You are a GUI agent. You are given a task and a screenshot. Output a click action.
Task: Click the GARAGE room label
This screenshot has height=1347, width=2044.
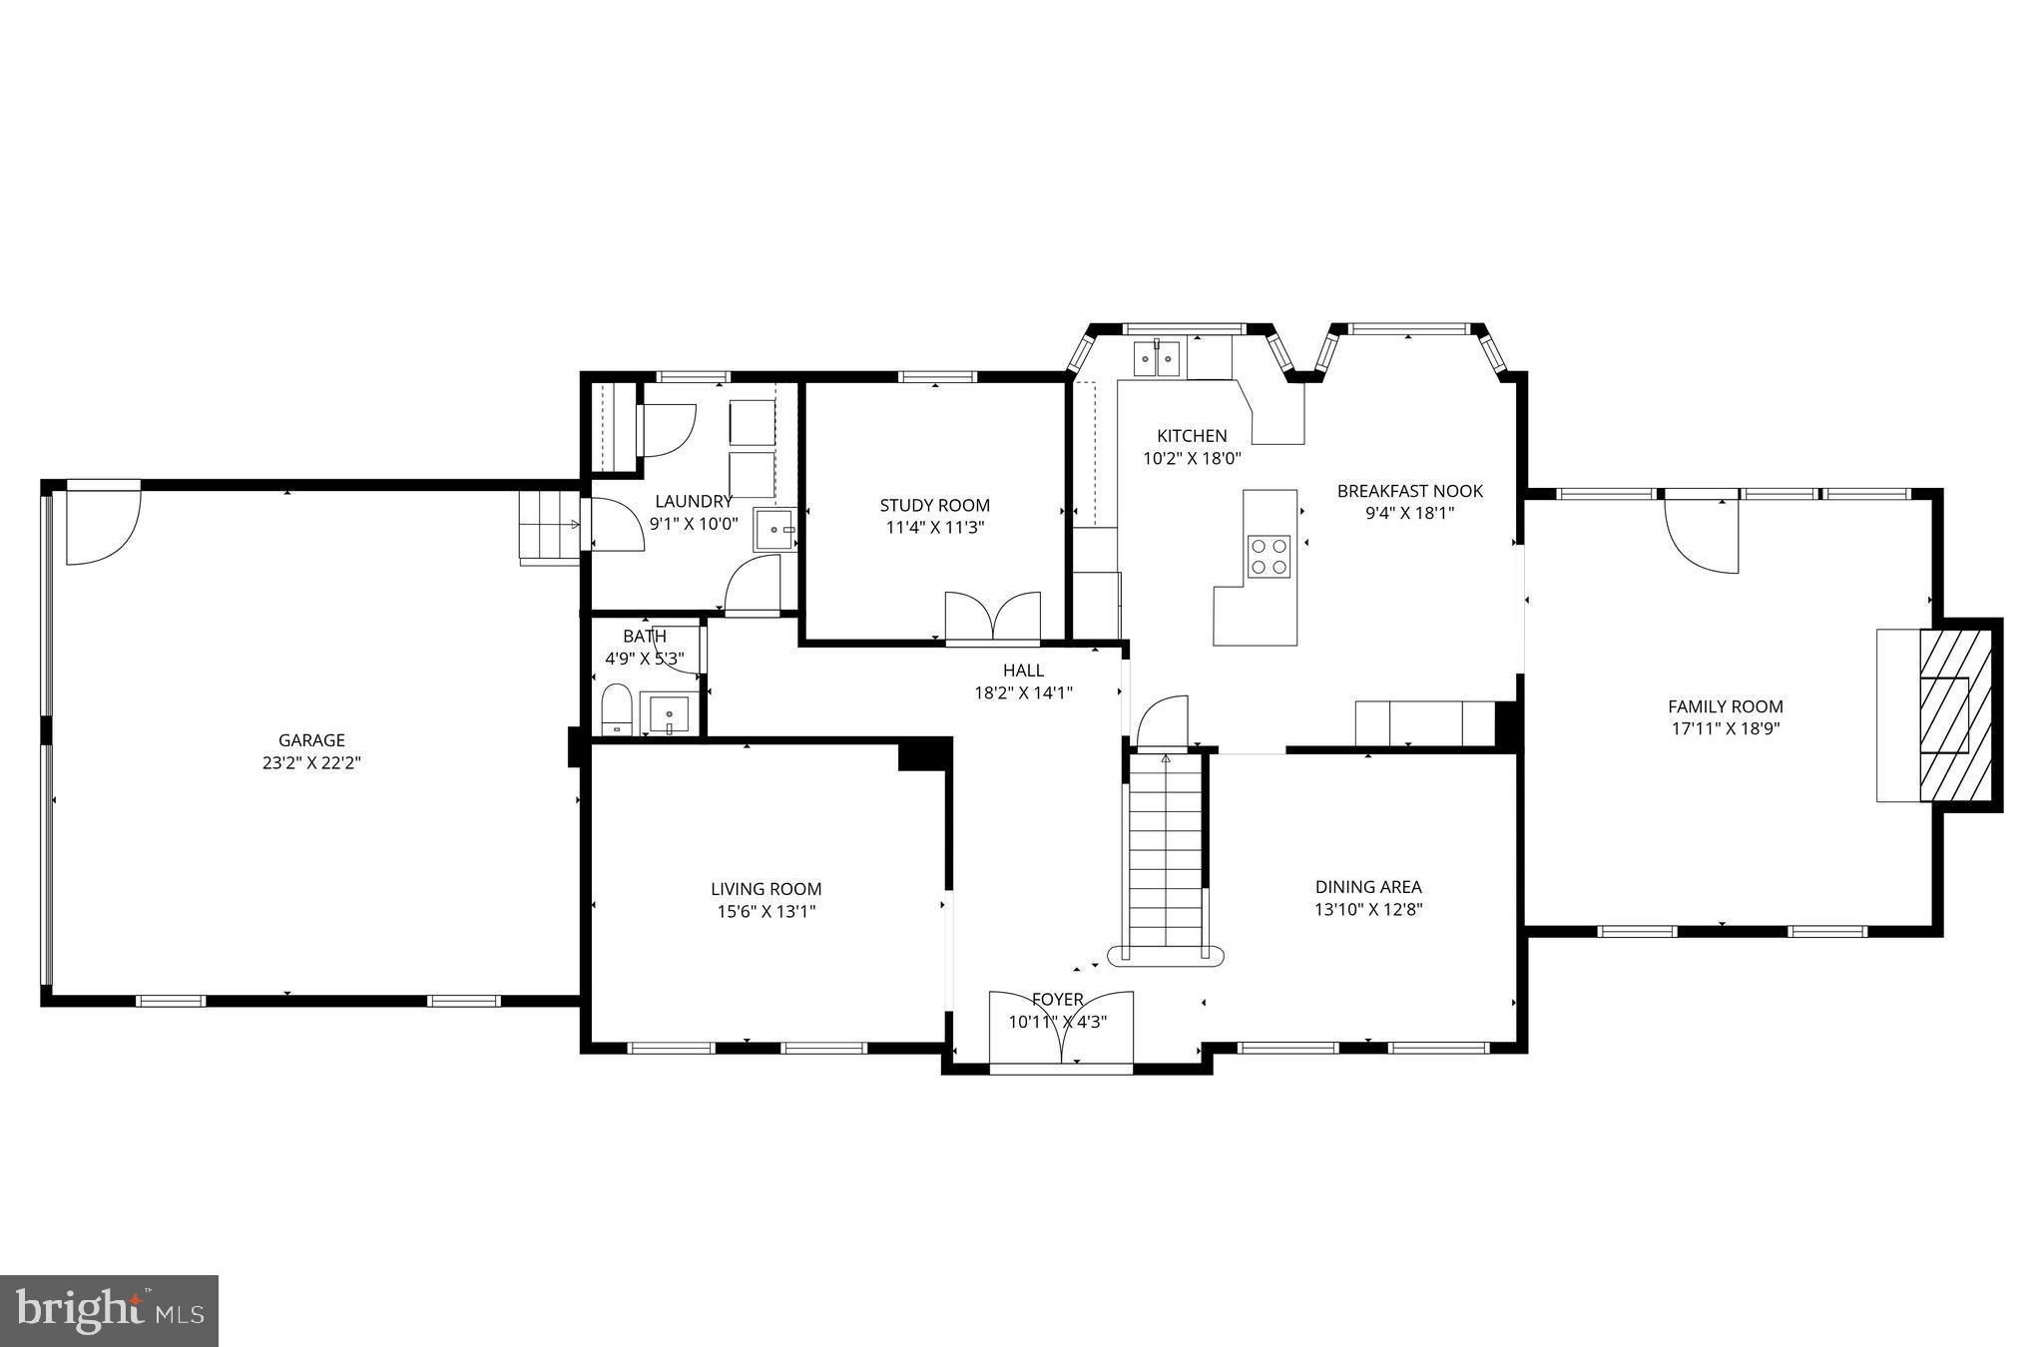[x=311, y=740]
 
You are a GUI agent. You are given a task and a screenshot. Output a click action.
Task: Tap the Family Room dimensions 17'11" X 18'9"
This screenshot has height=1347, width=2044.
[x=1726, y=728]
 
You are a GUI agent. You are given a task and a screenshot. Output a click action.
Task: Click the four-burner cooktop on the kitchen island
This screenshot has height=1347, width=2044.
[x=1269, y=557]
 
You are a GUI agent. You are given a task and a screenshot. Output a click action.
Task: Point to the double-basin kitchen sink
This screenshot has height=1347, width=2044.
[x=1157, y=357]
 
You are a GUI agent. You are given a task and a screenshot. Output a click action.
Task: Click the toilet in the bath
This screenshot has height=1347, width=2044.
[x=617, y=709]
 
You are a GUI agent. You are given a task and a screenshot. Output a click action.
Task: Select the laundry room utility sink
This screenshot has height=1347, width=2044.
[x=773, y=530]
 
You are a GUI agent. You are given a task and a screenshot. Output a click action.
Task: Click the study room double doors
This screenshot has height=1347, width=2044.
[x=992, y=616]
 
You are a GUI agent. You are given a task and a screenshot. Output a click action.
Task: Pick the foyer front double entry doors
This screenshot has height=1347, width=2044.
[x=1061, y=1030]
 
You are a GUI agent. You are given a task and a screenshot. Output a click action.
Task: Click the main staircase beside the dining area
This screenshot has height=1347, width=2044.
[x=1166, y=853]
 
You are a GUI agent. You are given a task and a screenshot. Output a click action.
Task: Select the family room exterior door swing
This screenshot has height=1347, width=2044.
[x=1701, y=536]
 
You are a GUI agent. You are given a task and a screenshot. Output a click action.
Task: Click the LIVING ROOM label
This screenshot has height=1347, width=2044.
[x=766, y=889]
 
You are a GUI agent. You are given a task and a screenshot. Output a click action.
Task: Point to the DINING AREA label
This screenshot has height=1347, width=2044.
[x=1367, y=887]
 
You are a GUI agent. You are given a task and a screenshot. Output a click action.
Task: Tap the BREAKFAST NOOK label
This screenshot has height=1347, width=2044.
[x=1409, y=491]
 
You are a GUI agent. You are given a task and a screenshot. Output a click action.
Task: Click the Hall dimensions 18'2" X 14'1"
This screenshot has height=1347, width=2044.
[x=1023, y=692]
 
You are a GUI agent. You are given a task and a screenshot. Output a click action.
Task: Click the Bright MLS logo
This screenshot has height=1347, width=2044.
[x=109, y=1310]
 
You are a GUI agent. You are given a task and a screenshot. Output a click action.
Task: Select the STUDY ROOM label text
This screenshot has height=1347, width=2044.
[x=934, y=506]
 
